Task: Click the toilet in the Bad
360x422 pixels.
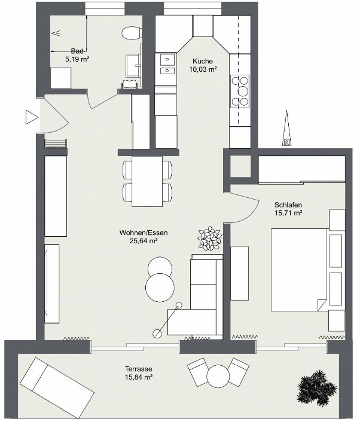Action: pos(132,33)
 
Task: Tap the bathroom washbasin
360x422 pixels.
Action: pos(133,65)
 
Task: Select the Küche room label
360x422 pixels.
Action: pos(203,61)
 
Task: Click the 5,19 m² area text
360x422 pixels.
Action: pos(77,59)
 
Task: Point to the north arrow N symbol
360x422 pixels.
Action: pos(287,142)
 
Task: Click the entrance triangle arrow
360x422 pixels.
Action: pos(32,117)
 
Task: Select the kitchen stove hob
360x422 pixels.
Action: pos(240,91)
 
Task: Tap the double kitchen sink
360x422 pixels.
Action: pos(167,64)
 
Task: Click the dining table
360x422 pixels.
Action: pos(147,182)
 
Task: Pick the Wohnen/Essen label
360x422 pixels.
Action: pos(144,233)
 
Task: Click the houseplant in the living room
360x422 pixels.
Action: pos(209,238)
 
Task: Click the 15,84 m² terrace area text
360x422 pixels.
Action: pos(139,377)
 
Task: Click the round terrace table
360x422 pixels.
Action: pos(218,376)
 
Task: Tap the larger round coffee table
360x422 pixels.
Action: pos(160,288)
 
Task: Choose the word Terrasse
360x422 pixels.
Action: pos(138,369)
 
